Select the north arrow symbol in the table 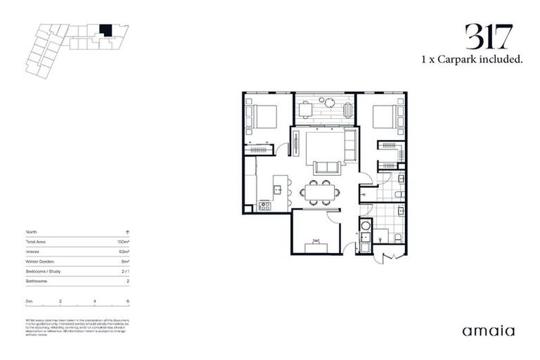pyautogui.click(x=127, y=231)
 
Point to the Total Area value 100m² pyautogui.click(x=124, y=241)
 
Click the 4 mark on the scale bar pyautogui.click(x=94, y=301)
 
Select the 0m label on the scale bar pyautogui.click(x=29, y=301)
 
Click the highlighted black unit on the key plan pyautogui.click(x=105, y=30)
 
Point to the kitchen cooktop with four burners pyautogui.click(x=264, y=206)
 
